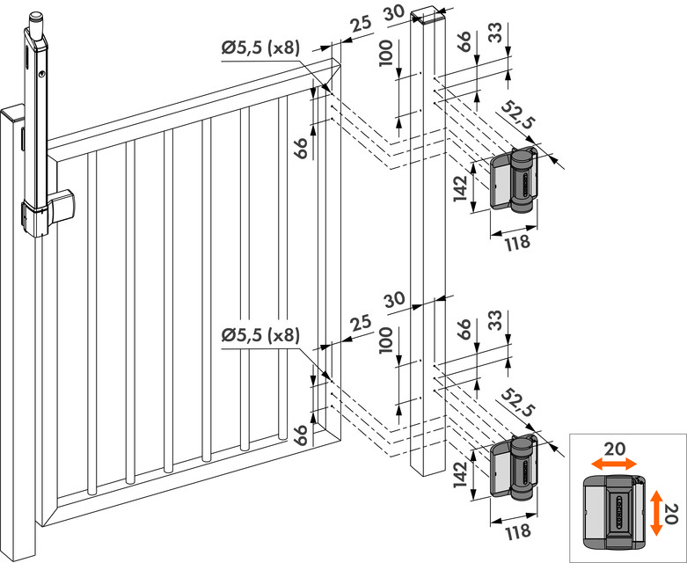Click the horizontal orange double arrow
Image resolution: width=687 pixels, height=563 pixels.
pyautogui.click(x=614, y=463)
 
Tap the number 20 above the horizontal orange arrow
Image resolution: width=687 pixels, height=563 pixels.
pyautogui.click(x=616, y=448)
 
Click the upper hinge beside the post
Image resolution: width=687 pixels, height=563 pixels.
pyautogui.click(x=515, y=181)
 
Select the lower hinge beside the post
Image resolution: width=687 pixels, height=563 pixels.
pyautogui.click(x=515, y=466)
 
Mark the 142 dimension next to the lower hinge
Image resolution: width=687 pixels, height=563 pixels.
pyautogui.click(x=460, y=472)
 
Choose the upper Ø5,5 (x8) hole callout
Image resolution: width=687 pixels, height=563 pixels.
pyautogui.click(x=260, y=49)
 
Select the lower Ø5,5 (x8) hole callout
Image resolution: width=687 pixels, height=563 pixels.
pyautogui.click(x=260, y=335)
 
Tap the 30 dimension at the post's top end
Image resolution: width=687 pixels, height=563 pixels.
pyautogui.click(x=392, y=11)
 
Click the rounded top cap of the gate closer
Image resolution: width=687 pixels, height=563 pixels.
pyautogui.click(x=36, y=18)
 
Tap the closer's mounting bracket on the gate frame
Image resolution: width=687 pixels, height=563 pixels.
pyautogui.click(x=62, y=206)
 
